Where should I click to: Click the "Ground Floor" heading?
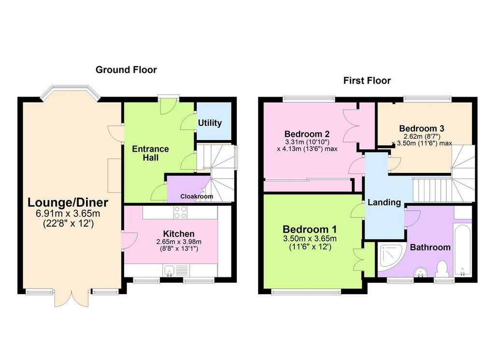[126, 70]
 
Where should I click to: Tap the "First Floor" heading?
[367, 80]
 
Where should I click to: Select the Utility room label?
[210, 123]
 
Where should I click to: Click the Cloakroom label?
[197, 196]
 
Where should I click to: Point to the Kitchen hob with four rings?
[180, 212]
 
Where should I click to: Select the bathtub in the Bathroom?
[462, 250]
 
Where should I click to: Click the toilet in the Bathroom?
[442, 269]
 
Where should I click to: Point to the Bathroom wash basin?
[421, 272]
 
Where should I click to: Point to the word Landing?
[384, 202]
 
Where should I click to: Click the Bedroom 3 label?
[422, 129]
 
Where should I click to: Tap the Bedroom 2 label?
[307, 134]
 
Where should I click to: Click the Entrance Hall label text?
[150, 153]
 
